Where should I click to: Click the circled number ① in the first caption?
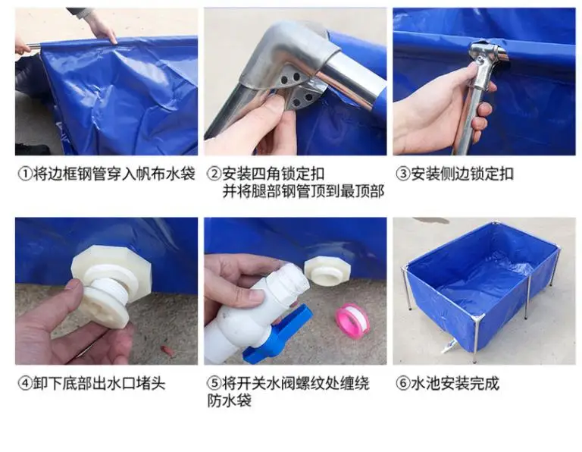[x=25, y=174]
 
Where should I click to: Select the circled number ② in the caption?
[x=214, y=174]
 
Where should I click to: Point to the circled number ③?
[x=403, y=174]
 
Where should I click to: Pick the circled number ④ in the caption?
[x=25, y=383]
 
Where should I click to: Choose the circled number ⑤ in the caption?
[x=214, y=383]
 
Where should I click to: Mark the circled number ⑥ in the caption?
[x=403, y=383]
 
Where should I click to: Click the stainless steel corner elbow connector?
[x=293, y=55]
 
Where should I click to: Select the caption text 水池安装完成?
[x=455, y=383]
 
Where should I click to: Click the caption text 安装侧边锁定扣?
[x=462, y=174]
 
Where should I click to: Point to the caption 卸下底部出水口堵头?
[x=99, y=383]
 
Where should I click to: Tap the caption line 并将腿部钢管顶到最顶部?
[x=303, y=191]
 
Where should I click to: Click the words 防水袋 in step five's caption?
[x=230, y=400]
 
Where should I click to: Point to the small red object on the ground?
[x=165, y=349]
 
